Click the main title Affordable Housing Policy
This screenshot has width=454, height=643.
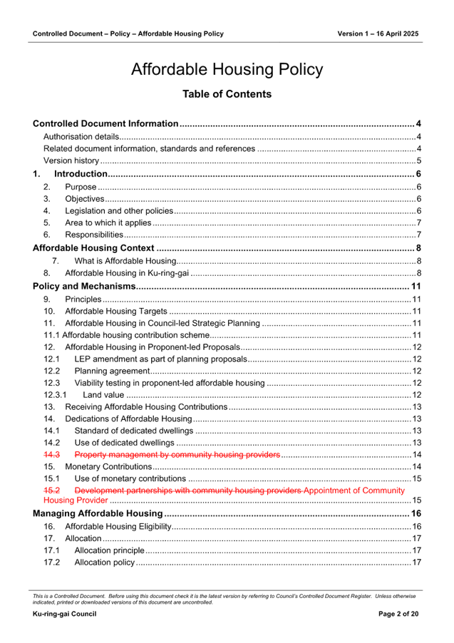pyautogui.click(x=227, y=70)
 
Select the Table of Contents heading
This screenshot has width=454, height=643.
pyautogui.click(x=227, y=94)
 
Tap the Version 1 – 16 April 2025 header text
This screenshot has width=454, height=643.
pyautogui.click(x=378, y=34)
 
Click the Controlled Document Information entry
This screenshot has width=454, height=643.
pyautogui.click(x=105, y=124)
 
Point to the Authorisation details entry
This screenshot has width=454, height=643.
pyautogui.click(x=81, y=137)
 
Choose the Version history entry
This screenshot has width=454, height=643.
pyautogui.click(x=71, y=161)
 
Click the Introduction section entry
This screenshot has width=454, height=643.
pyautogui.click(x=81, y=174)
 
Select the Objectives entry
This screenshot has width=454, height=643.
pyautogui.click(x=85, y=199)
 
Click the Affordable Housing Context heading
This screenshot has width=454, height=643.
pyautogui.click(x=93, y=248)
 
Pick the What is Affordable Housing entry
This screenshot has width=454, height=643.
pyautogui.click(x=125, y=261)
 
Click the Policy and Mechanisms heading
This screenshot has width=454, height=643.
pyautogui.click(x=84, y=287)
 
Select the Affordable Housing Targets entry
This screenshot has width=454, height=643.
pyautogui.click(x=115, y=312)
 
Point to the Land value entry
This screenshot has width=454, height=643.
pyautogui.click(x=103, y=395)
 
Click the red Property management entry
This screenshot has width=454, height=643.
pyautogui.click(x=177, y=455)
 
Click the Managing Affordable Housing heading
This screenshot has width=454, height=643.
pyautogui.click(x=98, y=513)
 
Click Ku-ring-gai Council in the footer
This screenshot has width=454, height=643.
pyautogui.click(x=64, y=614)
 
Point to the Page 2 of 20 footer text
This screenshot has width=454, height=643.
pyautogui.click(x=398, y=614)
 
